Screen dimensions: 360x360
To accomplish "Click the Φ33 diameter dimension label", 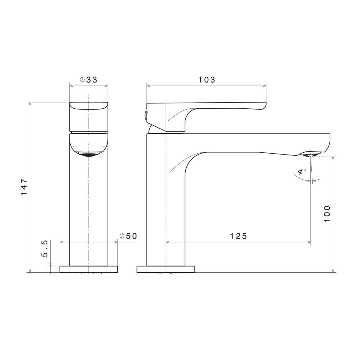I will click(88, 80).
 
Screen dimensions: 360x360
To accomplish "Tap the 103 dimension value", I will click(207, 80).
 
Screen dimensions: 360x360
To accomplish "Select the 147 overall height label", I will click(24, 187).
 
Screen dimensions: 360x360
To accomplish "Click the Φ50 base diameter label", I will click(128, 236).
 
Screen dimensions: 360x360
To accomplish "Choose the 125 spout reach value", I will click(238, 236).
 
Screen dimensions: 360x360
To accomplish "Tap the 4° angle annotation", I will click(301, 172).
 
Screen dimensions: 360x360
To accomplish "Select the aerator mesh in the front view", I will click(88, 155).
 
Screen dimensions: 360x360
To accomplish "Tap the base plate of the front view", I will click(88, 269).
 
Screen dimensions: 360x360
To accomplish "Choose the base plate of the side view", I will click(166, 269).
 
